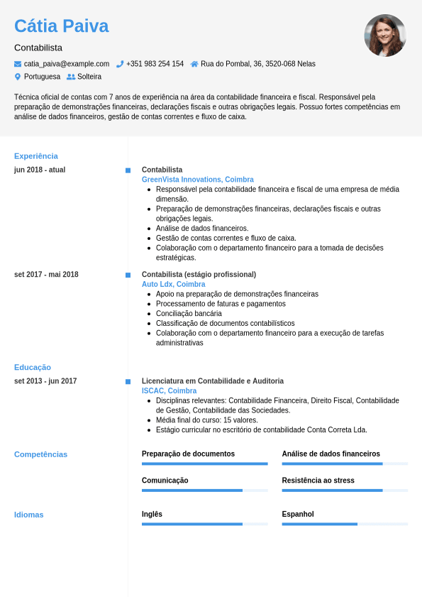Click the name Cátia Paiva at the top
click(62, 26)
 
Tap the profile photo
click(385, 35)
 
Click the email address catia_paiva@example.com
click(67, 64)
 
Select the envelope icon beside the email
click(18, 64)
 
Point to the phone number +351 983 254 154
click(155, 64)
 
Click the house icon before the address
click(194, 64)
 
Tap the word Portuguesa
click(42, 77)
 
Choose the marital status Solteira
click(89, 77)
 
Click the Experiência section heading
click(36, 156)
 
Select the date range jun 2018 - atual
click(40, 170)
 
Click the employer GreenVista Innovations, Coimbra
click(198, 180)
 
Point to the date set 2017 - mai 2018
click(46, 275)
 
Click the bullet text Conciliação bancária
click(189, 313)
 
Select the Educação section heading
click(33, 367)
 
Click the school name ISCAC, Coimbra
click(170, 390)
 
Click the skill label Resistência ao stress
click(318, 481)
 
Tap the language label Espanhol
click(298, 514)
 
